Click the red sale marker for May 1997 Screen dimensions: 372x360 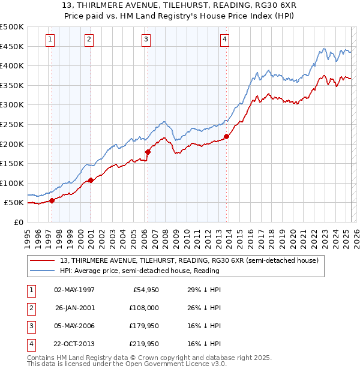click(x=52, y=200)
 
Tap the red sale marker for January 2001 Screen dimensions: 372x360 click(x=91, y=180)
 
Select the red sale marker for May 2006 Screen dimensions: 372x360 click(x=148, y=152)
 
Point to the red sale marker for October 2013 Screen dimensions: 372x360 click(x=227, y=136)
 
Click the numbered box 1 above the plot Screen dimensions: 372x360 click(x=49, y=40)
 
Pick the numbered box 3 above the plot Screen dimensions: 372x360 click(x=146, y=40)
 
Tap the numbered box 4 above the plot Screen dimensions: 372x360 click(x=224, y=40)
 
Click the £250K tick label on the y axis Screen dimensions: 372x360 click(x=12, y=124)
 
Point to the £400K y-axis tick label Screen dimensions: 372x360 click(x=12, y=65)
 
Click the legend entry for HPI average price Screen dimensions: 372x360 click(x=139, y=271)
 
